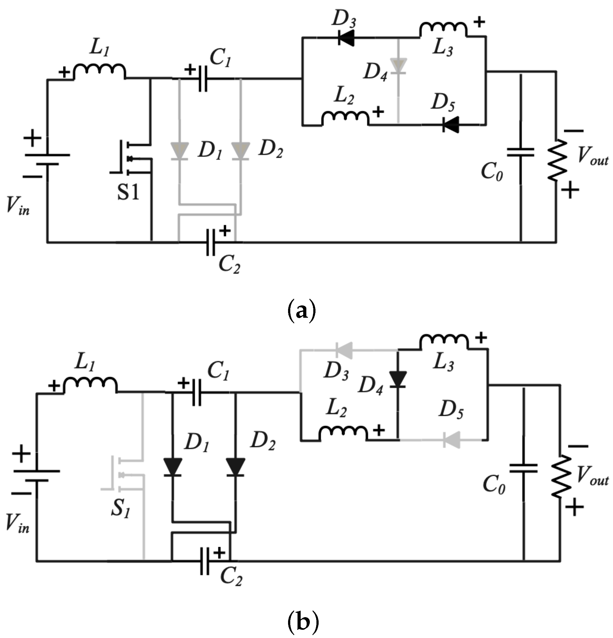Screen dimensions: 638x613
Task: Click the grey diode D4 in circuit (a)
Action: pos(398,66)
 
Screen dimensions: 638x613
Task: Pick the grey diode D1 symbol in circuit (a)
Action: pos(179,152)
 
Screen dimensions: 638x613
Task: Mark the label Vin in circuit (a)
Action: pos(18,206)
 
